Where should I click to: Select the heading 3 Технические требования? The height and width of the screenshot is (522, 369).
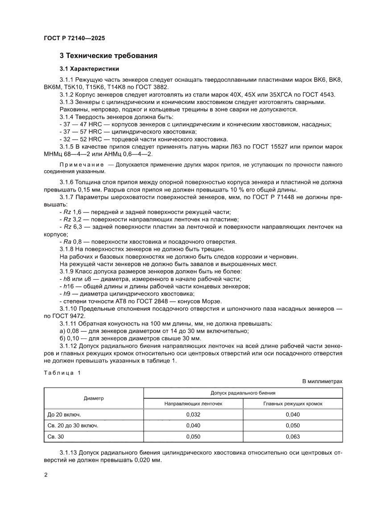pos(108,56)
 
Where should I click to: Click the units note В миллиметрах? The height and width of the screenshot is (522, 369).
pos(322,381)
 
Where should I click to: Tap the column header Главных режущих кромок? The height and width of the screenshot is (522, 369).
pos(293,403)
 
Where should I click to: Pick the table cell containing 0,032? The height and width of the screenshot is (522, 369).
pos(193,414)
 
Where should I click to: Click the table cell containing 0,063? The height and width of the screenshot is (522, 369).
pos(293,436)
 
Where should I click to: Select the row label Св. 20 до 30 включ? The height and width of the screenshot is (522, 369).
pos(73,426)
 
